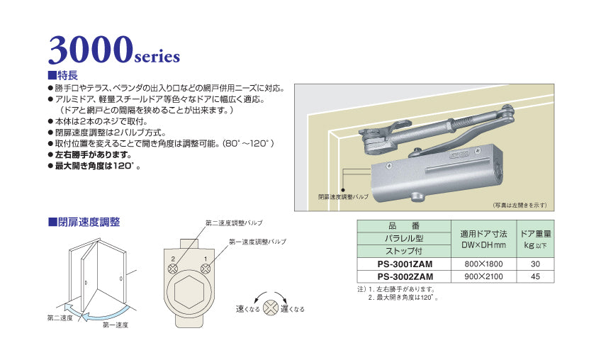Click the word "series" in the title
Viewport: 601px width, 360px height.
pos(157,55)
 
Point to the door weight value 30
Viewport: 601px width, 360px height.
pos(536,263)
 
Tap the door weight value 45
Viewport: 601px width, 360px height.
pos(536,276)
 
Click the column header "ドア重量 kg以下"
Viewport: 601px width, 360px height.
pos(536,238)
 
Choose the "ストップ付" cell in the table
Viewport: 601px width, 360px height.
pos(404,250)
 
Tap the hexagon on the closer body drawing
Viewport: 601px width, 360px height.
pos(189,293)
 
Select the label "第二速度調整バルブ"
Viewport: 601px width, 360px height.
pos(233,223)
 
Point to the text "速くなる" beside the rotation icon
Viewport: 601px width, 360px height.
pos(248,309)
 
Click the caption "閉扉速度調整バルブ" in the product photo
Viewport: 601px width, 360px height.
pos(343,196)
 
